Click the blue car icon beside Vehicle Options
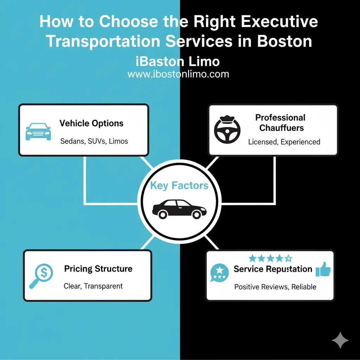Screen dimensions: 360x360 click(x=38, y=131)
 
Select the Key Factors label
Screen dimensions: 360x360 click(x=179, y=186)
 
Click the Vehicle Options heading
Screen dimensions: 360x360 click(x=91, y=123)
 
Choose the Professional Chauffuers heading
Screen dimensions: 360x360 click(x=280, y=122)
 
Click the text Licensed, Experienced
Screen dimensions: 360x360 click(x=284, y=142)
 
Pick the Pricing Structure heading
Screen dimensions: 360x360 click(x=98, y=269)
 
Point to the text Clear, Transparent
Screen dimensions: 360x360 click(x=93, y=286)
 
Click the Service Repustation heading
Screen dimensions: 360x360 click(x=273, y=269)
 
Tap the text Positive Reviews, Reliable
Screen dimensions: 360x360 click(x=275, y=287)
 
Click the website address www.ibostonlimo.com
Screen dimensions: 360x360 click(x=178, y=74)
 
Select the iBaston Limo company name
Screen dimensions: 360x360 click(x=178, y=62)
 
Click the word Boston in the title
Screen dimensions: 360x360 click(x=284, y=41)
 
